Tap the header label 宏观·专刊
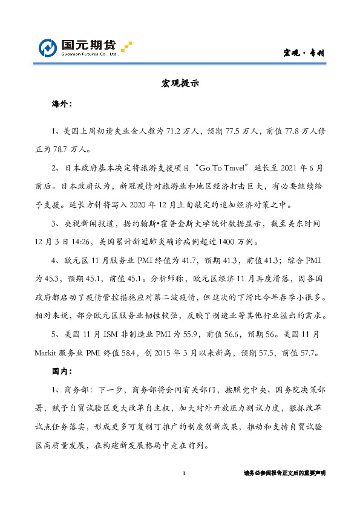[304, 53]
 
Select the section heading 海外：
[62, 105]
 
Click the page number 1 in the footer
[183, 473]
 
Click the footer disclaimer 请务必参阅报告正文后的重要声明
[284, 473]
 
